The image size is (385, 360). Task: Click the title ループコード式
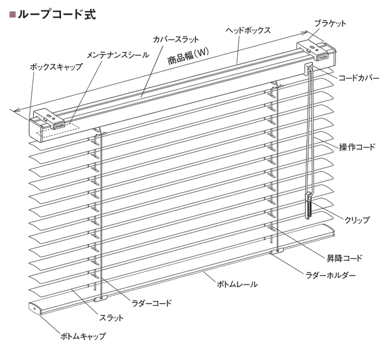coord(57,14)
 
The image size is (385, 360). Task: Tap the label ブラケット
coord(330,24)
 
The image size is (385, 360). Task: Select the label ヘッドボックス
coord(248,30)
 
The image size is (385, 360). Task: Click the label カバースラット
coord(176,40)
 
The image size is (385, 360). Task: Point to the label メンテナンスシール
coord(118,55)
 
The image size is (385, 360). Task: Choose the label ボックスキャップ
coord(56,67)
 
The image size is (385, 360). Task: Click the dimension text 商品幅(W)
coord(188,56)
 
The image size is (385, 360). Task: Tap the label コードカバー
coord(359,78)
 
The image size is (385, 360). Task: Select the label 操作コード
coord(358,147)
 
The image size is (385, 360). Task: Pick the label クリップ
coord(357,220)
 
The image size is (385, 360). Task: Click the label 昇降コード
coord(344,258)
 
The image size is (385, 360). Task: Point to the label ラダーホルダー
coord(331,275)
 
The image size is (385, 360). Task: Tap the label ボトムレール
coord(237,285)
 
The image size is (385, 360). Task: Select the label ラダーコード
coord(151,303)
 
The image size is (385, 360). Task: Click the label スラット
coord(111,318)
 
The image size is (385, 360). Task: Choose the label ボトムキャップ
coord(83,336)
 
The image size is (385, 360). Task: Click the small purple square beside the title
coord(12,15)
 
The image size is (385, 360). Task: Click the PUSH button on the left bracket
coord(59,126)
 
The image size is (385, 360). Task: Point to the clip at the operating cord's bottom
coord(308,205)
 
